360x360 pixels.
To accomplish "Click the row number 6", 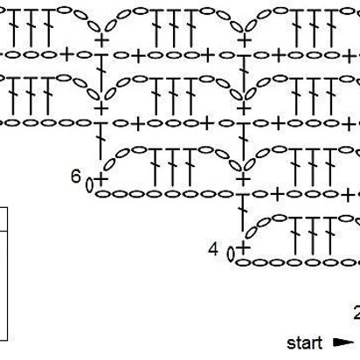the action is [76, 176].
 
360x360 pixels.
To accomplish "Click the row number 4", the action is [213, 249].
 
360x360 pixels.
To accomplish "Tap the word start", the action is [305, 343].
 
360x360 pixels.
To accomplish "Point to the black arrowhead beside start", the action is [343, 343].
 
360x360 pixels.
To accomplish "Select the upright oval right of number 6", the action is [89, 185].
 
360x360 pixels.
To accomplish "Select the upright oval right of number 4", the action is [231, 254].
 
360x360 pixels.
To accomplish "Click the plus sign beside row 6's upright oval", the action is [101, 178].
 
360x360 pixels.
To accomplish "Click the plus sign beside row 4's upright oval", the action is [244, 248].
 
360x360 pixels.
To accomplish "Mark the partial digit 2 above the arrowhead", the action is [357, 313].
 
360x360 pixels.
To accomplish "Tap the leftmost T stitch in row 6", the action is [156, 167].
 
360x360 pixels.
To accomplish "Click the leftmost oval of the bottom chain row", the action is [243, 263].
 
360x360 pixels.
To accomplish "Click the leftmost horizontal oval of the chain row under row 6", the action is [101, 194].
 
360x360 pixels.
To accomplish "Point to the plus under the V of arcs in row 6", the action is [242, 178].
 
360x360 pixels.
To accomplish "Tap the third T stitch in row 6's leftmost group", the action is [190, 167].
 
